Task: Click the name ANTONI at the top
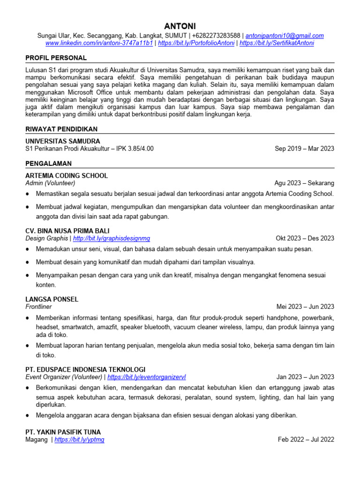(x=180, y=26)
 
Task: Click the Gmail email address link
(x=285, y=36)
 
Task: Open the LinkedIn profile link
(x=99, y=43)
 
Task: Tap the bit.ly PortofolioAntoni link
(x=196, y=43)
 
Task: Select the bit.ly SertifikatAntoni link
(x=277, y=43)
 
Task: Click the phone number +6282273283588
(x=215, y=36)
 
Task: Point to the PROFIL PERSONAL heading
(x=56, y=58)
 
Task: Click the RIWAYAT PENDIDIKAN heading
(x=61, y=129)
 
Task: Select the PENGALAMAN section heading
(x=48, y=164)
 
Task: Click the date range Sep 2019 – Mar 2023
(x=304, y=149)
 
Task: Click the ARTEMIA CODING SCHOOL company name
(x=67, y=176)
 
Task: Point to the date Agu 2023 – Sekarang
(x=304, y=183)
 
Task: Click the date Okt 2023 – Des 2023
(x=305, y=238)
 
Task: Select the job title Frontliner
(x=39, y=307)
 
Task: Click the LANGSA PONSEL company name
(x=52, y=299)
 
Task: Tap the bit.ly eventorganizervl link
(x=147, y=377)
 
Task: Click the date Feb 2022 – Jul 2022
(x=306, y=440)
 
